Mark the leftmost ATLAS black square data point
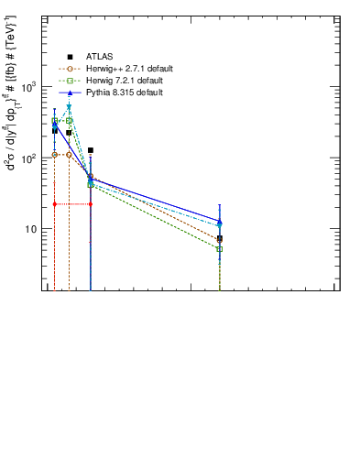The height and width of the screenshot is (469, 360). [x=55, y=131]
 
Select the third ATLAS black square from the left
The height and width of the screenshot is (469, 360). [x=91, y=149]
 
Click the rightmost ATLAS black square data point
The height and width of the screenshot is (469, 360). [x=220, y=238]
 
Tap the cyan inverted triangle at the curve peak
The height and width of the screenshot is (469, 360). [x=69, y=108]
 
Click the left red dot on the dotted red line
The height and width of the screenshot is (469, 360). [x=55, y=204]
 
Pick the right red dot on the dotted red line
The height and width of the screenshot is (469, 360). [x=91, y=204]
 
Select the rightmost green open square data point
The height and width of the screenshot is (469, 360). [x=220, y=249]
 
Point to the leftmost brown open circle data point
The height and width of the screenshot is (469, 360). [x=55, y=155]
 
